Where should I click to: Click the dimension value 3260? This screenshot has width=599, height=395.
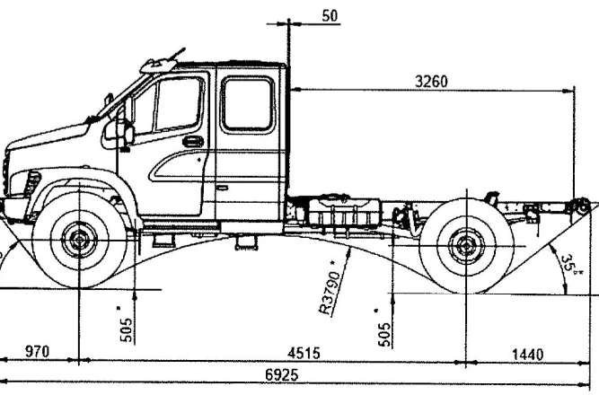coord(432,81)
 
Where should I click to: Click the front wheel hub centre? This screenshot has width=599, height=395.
coord(82,240)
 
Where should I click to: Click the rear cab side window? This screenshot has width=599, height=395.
coord(247,102)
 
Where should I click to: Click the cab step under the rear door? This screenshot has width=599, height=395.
coord(243,241)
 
